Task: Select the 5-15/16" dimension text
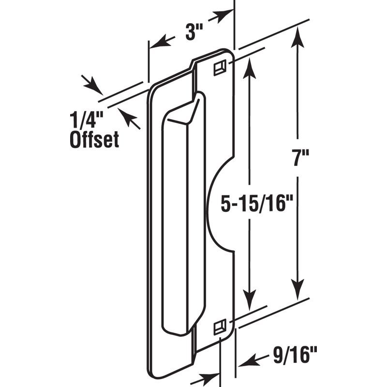pyautogui.click(x=252, y=203)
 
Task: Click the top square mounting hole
pyautogui.click(x=219, y=68)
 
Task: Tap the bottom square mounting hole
pyautogui.click(x=220, y=327)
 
